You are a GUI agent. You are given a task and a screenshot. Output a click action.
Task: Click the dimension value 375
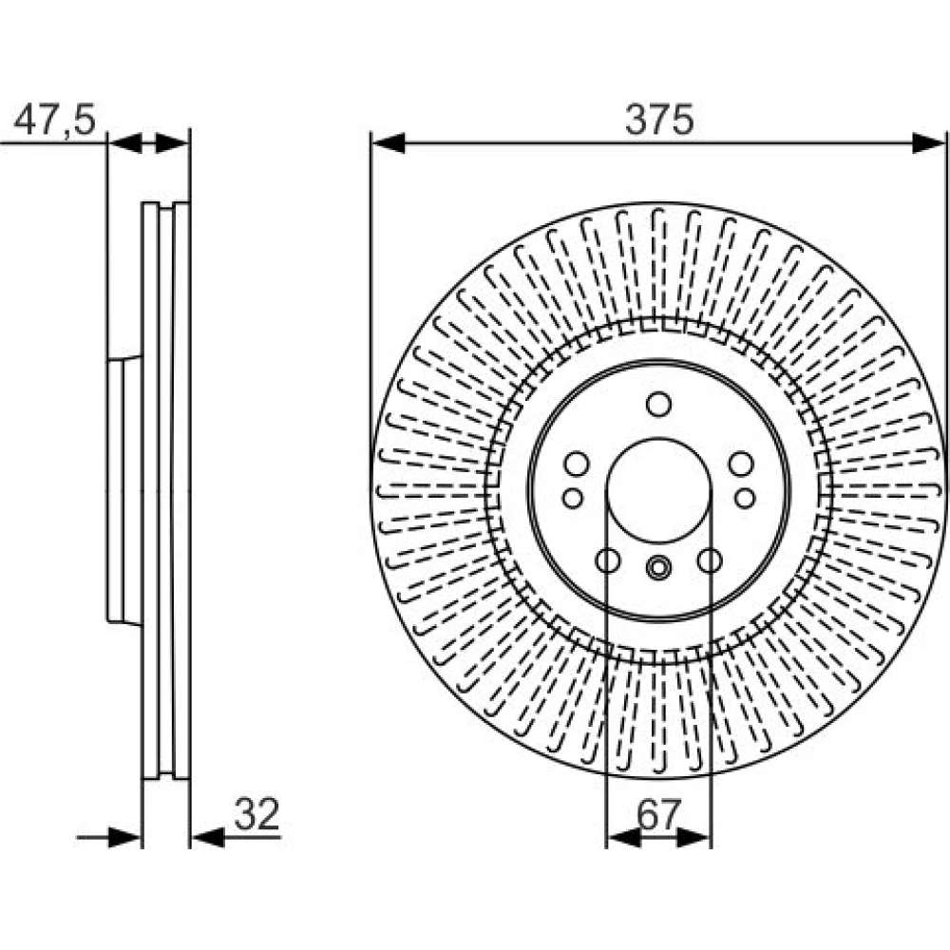[x=659, y=120]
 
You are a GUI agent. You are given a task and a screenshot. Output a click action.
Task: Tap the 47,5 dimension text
[x=54, y=120]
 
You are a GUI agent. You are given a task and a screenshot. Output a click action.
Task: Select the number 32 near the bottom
[x=256, y=814]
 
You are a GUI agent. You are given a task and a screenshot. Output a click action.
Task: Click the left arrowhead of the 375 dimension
[x=388, y=143]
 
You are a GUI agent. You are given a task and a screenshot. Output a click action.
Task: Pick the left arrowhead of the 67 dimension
[x=623, y=838]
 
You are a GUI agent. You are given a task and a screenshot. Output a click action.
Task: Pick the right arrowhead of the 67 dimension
[x=693, y=838]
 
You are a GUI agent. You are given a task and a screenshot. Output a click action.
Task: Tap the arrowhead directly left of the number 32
[x=208, y=838]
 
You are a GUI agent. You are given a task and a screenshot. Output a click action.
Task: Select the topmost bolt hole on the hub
[x=658, y=404]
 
